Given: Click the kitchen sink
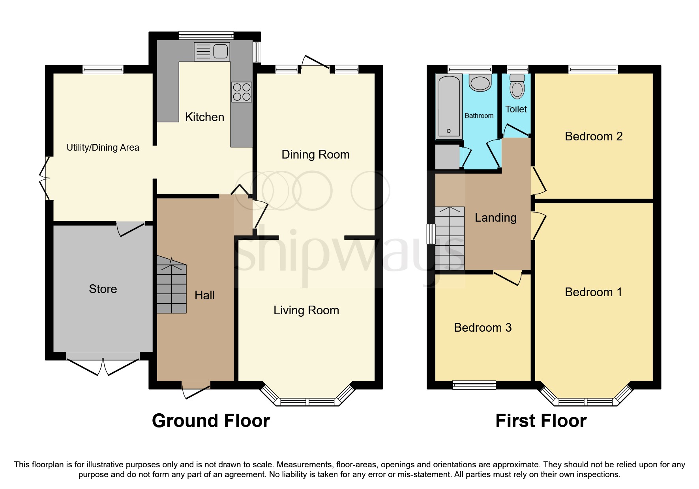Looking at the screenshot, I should point(212,52).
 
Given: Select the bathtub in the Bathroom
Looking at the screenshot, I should point(448,106).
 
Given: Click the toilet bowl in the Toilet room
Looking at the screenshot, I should point(517,87).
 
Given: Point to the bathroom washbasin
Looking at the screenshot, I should point(480,83).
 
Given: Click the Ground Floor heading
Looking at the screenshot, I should point(211,421).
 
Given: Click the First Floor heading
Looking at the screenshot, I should point(541,421).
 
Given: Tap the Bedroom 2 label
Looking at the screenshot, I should point(593,136).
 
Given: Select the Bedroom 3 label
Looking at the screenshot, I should point(482,328).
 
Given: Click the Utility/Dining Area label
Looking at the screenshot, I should point(103,147).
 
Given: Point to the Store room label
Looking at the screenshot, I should point(103,289).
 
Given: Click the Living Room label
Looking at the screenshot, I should point(306,310).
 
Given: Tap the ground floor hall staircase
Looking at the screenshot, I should point(172,286).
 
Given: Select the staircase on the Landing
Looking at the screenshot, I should point(450,238).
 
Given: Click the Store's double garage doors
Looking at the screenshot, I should point(103,365).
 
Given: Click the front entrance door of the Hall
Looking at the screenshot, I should point(196,388).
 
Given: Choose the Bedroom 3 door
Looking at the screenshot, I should point(507,277).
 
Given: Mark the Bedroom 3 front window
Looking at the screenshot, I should point(474,384).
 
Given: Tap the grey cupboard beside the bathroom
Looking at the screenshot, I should point(447,157).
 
